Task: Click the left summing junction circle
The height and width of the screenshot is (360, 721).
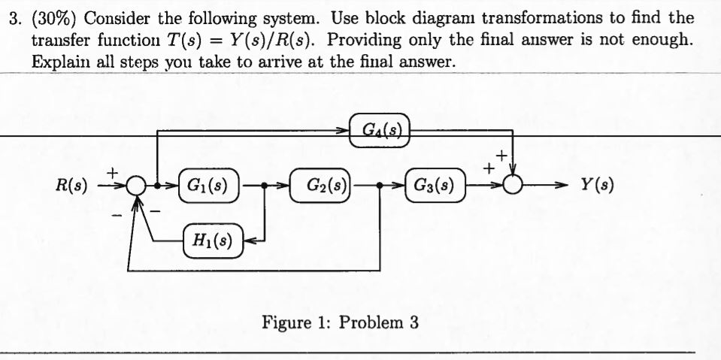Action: coord(136,185)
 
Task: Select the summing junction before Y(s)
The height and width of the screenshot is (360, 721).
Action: coord(513,185)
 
